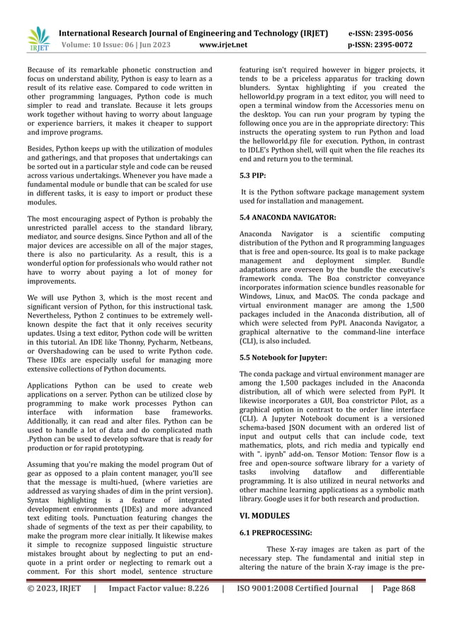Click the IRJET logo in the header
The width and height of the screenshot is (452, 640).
click(x=38, y=40)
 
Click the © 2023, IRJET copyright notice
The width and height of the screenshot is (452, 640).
click(x=54, y=607)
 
